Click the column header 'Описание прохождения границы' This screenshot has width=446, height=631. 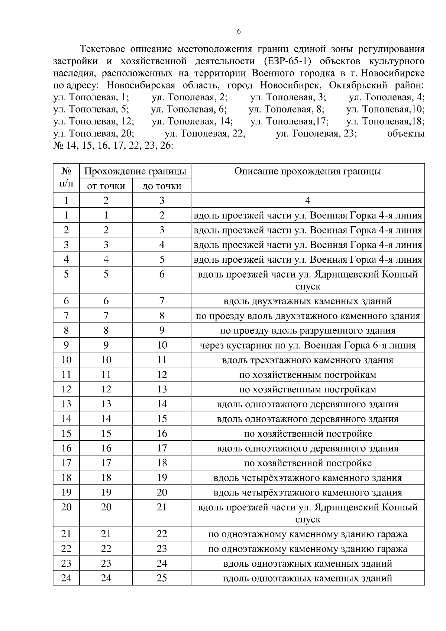tap(307, 171)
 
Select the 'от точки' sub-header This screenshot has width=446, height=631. tap(106, 186)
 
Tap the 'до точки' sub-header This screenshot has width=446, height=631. tap(162, 186)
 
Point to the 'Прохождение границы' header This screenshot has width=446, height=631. tap(135, 171)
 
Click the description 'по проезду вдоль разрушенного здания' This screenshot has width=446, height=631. tap(307, 330)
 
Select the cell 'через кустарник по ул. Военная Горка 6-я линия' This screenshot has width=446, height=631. tap(307, 345)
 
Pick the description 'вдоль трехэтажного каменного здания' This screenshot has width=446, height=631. tap(307, 360)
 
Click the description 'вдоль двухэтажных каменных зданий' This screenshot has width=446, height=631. tap(307, 301)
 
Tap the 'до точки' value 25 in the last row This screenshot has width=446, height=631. tap(162, 578)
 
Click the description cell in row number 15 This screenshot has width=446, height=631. tap(307, 434)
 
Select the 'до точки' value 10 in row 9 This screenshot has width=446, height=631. tap(162, 345)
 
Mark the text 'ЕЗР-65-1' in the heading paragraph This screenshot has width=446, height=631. tap(286, 61)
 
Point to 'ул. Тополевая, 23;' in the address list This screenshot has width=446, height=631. tap(316, 133)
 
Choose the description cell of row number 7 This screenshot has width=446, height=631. tap(307, 316)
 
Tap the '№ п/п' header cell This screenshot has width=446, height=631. tap(66, 178)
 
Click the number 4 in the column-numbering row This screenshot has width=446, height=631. tap(307, 201)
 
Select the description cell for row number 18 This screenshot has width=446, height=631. tap(307, 478)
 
